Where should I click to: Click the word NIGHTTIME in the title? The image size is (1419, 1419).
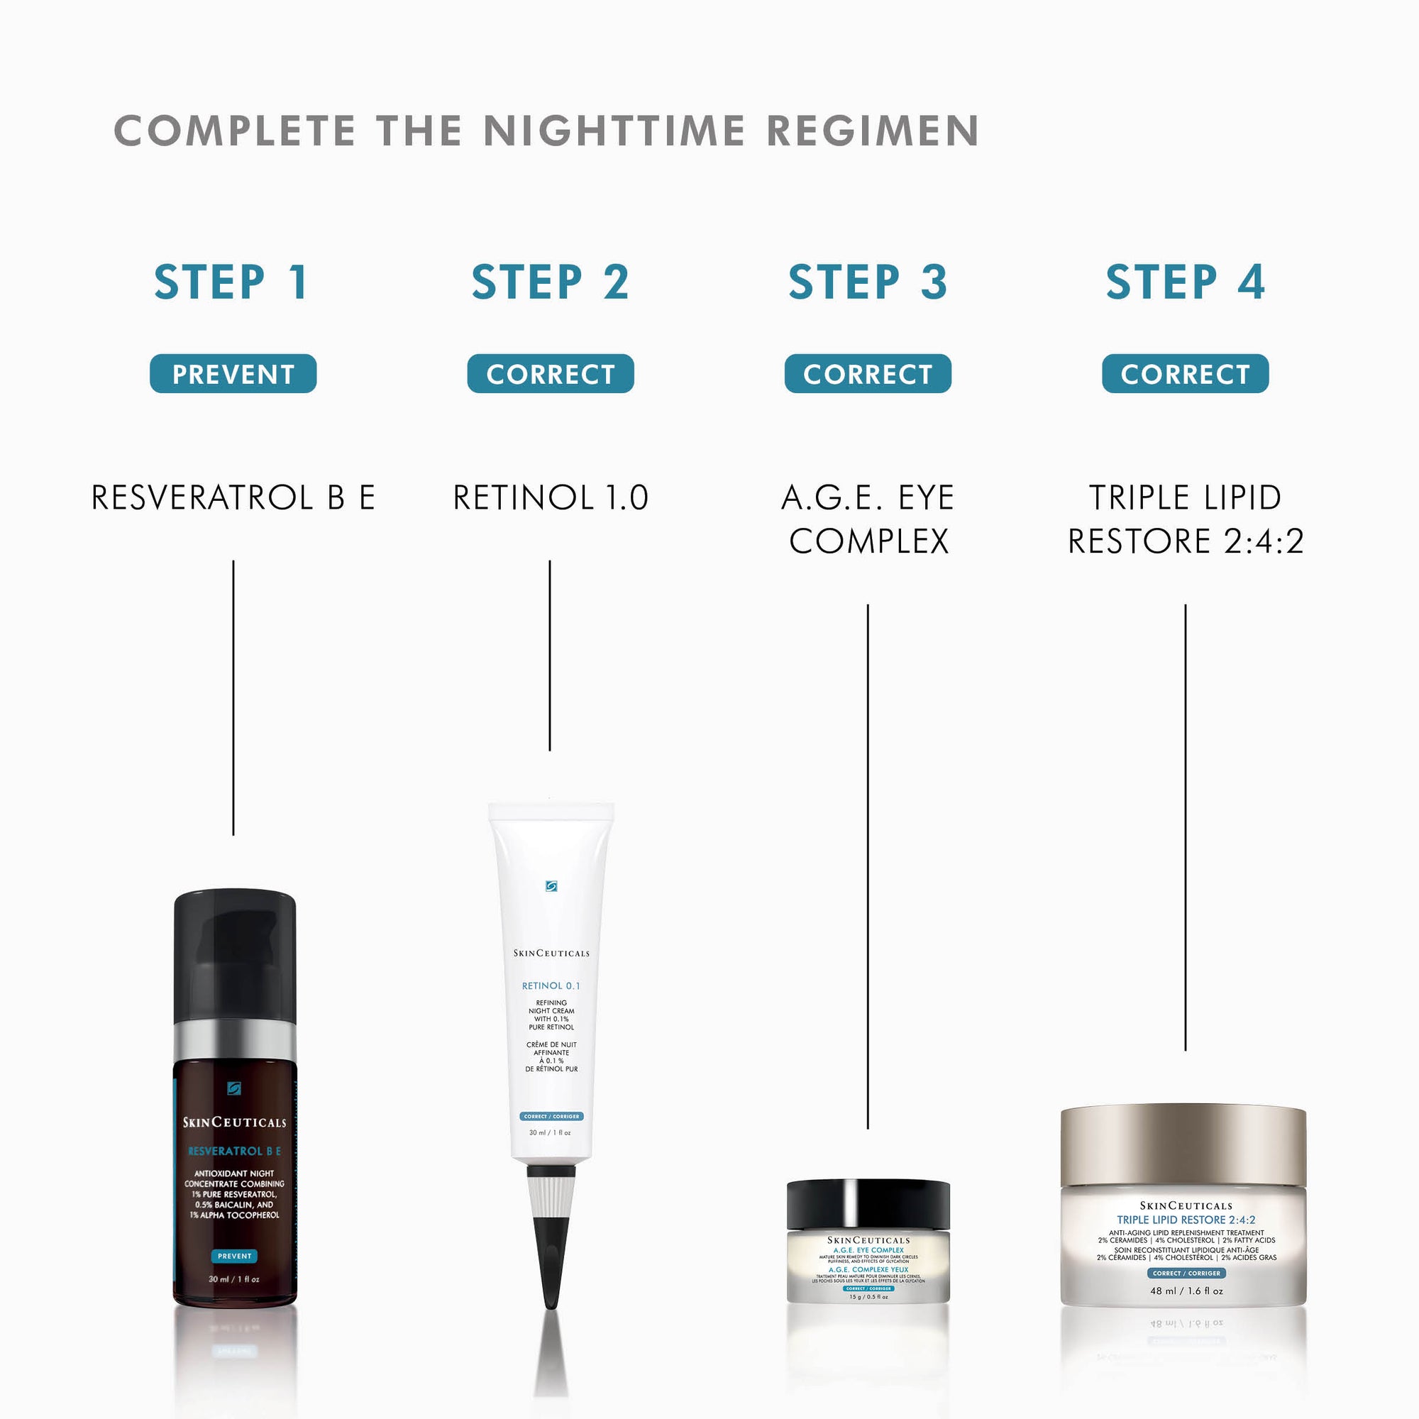[x=614, y=131]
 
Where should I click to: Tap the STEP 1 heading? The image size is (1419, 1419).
[x=232, y=282]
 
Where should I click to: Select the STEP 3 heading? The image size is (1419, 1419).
[x=868, y=282]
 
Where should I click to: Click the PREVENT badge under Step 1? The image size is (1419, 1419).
[x=233, y=374]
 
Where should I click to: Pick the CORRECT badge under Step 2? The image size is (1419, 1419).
[x=550, y=374]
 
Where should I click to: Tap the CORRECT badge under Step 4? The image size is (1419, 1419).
[x=1185, y=374]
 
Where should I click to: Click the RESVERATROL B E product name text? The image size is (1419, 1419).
[x=233, y=497]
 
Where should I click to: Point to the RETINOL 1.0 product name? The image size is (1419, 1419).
[x=550, y=497]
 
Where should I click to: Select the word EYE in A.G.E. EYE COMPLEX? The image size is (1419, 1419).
[x=925, y=497]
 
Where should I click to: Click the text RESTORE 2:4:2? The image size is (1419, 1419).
[x=1185, y=541]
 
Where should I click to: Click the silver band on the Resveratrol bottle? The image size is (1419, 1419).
[x=234, y=1039]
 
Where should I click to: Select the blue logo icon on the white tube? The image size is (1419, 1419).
[x=551, y=886]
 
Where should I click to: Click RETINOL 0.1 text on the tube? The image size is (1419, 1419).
[x=551, y=985]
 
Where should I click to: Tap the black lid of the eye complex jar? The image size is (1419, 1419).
[x=868, y=1204]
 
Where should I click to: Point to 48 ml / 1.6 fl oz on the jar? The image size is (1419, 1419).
[x=1186, y=1291]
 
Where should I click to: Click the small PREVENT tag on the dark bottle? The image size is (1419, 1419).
[x=234, y=1256]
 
